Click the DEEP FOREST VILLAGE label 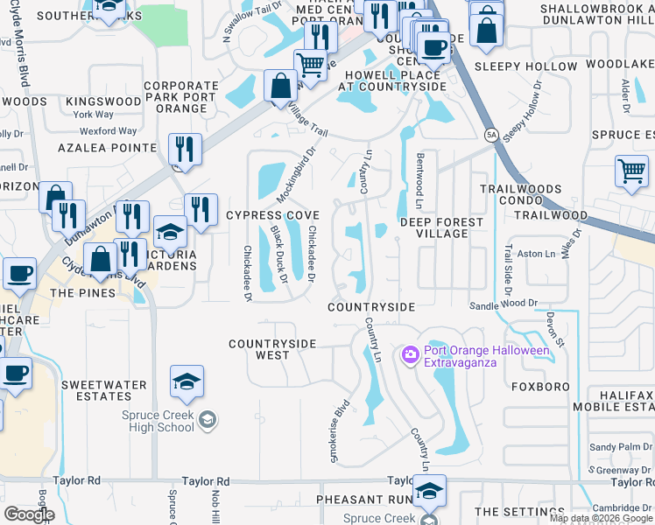click(x=441, y=227)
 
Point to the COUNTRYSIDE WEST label click(x=271, y=349)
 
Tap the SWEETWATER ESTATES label click(x=96, y=390)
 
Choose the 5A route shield click(x=491, y=135)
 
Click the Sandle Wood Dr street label click(x=503, y=304)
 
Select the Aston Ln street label click(x=537, y=254)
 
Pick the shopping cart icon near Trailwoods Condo click(x=631, y=172)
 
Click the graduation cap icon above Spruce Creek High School click(x=187, y=382)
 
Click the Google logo click(x=29, y=514)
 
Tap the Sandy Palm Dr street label click(x=615, y=447)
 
